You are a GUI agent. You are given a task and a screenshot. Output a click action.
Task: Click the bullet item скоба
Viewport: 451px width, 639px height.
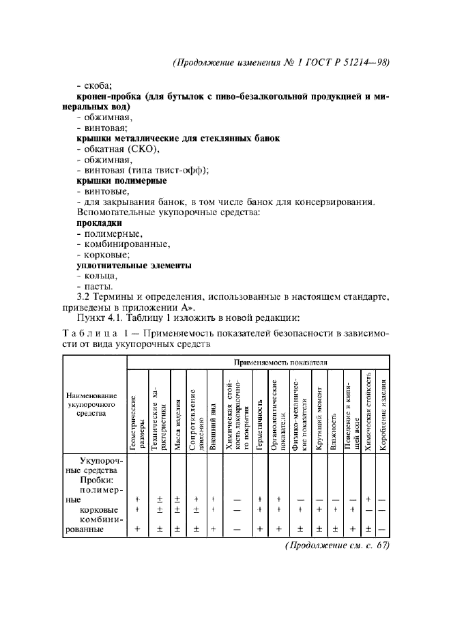tap(98, 87)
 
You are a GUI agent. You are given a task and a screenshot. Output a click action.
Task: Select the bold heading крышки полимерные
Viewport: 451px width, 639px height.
tap(121, 181)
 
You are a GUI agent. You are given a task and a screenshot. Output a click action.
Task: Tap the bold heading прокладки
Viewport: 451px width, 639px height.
tap(99, 223)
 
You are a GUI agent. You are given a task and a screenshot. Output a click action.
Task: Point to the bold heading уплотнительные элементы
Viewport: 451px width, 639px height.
tap(133, 265)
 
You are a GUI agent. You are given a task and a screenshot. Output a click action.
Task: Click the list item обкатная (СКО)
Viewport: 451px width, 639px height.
tap(117, 150)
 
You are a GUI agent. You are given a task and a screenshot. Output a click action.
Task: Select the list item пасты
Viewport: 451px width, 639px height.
tap(97, 286)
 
